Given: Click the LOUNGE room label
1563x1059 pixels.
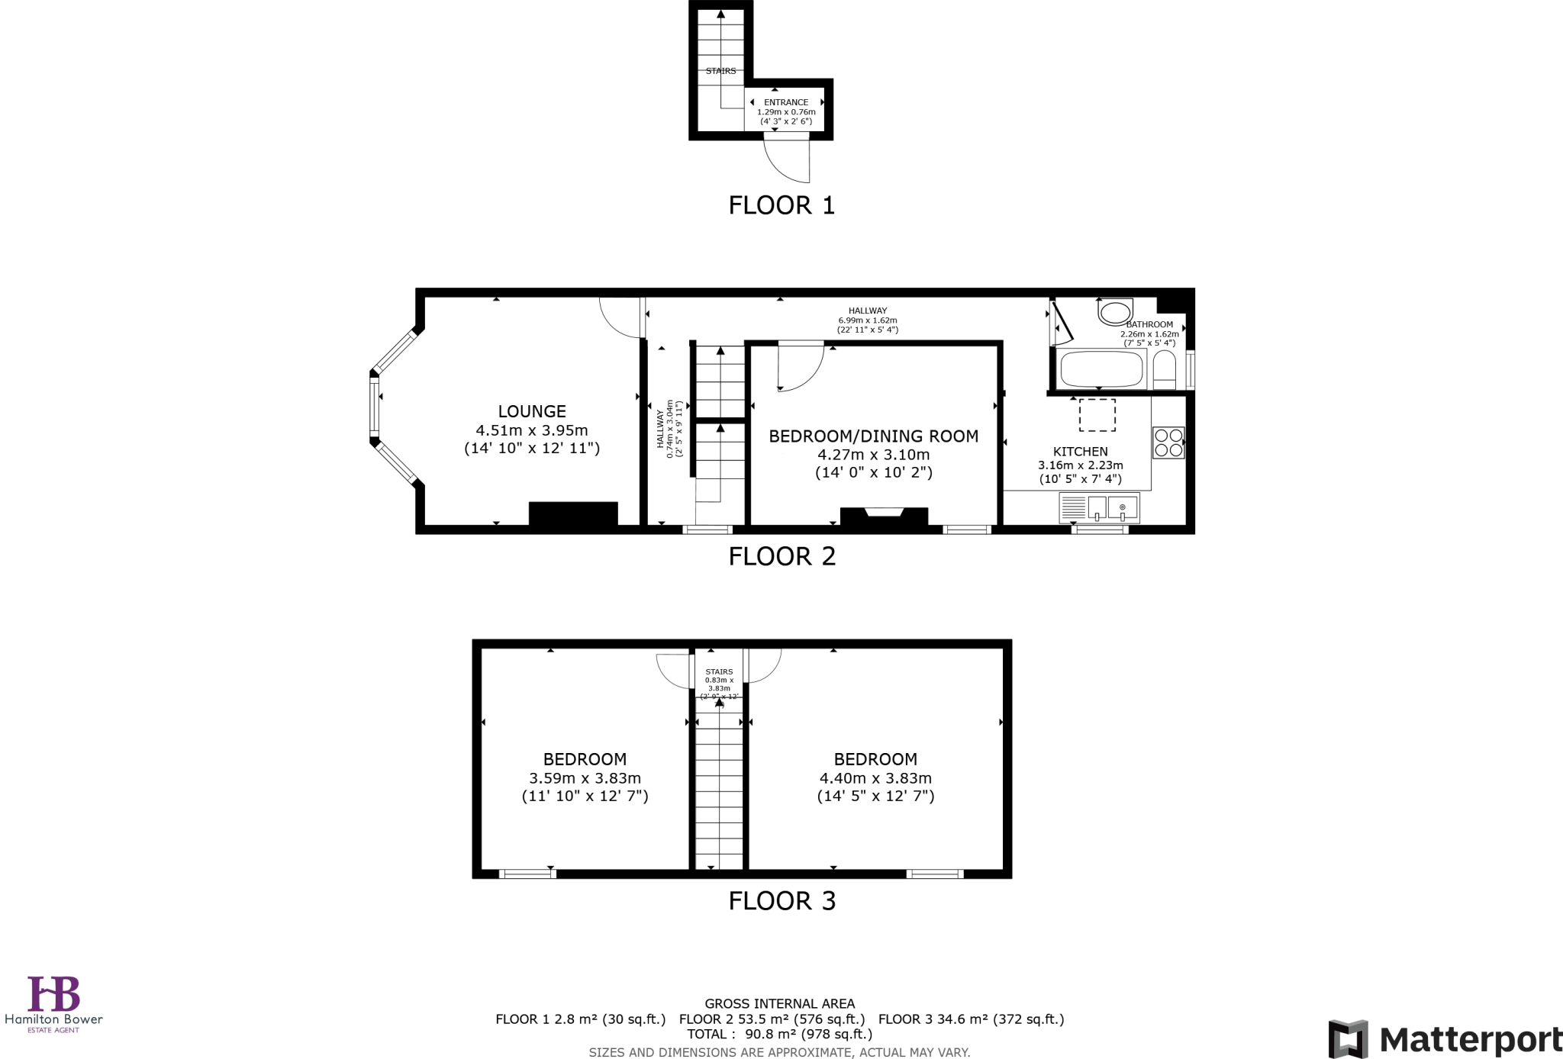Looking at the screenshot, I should (532, 411).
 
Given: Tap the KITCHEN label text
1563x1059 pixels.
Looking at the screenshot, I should (1080, 452).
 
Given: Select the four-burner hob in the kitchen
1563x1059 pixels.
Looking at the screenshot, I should (1168, 443).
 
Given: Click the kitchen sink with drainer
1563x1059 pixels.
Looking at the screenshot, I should (1099, 507).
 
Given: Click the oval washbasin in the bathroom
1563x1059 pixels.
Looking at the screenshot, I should (1115, 312).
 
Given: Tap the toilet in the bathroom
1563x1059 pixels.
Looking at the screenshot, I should (1164, 371).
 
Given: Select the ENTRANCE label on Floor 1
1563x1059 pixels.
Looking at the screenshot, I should (786, 102).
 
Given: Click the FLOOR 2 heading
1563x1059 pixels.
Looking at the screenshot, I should (781, 556).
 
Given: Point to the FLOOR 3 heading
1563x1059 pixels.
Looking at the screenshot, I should (781, 901).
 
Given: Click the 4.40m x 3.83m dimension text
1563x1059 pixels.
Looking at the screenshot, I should (875, 778).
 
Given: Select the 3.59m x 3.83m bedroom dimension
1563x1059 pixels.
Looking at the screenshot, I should (585, 778).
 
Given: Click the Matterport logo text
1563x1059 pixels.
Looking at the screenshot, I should (1470, 1040).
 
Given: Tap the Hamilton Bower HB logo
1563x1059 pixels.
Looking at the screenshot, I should (53, 994).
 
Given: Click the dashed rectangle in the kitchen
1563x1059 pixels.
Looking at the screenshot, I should (1097, 415).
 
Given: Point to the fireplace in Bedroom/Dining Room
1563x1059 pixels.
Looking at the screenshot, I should (884, 517).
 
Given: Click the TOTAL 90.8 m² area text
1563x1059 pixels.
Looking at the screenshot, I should (779, 1035).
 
